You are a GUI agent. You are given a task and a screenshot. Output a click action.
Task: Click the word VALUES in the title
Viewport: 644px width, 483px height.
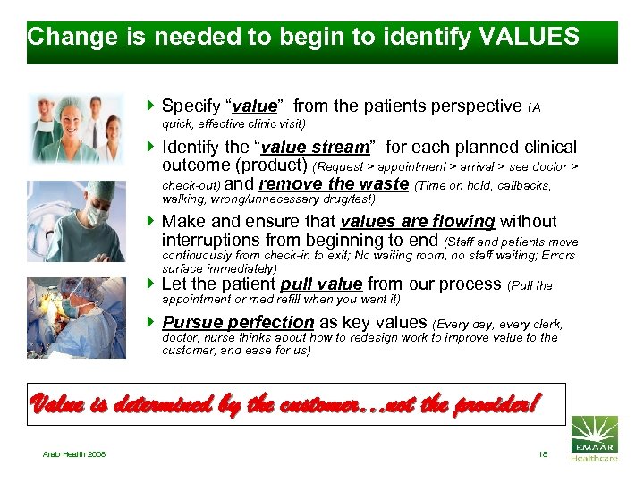pyautogui.click(x=530, y=37)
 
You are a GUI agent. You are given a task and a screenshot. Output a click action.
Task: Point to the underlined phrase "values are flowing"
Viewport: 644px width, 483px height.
pyautogui.click(x=417, y=222)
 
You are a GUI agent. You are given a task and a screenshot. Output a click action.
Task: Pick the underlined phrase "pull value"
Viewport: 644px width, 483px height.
pyautogui.click(x=321, y=284)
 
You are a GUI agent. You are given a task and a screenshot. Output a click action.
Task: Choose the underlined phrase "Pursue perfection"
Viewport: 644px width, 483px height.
pyautogui.click(x=238, y=322)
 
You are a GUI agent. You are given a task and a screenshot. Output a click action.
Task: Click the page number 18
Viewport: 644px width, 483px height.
pyautogui.click(x=543, y=454)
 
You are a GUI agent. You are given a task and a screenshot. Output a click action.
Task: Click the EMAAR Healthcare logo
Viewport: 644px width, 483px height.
pyautogui.click(x=594, y=437)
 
